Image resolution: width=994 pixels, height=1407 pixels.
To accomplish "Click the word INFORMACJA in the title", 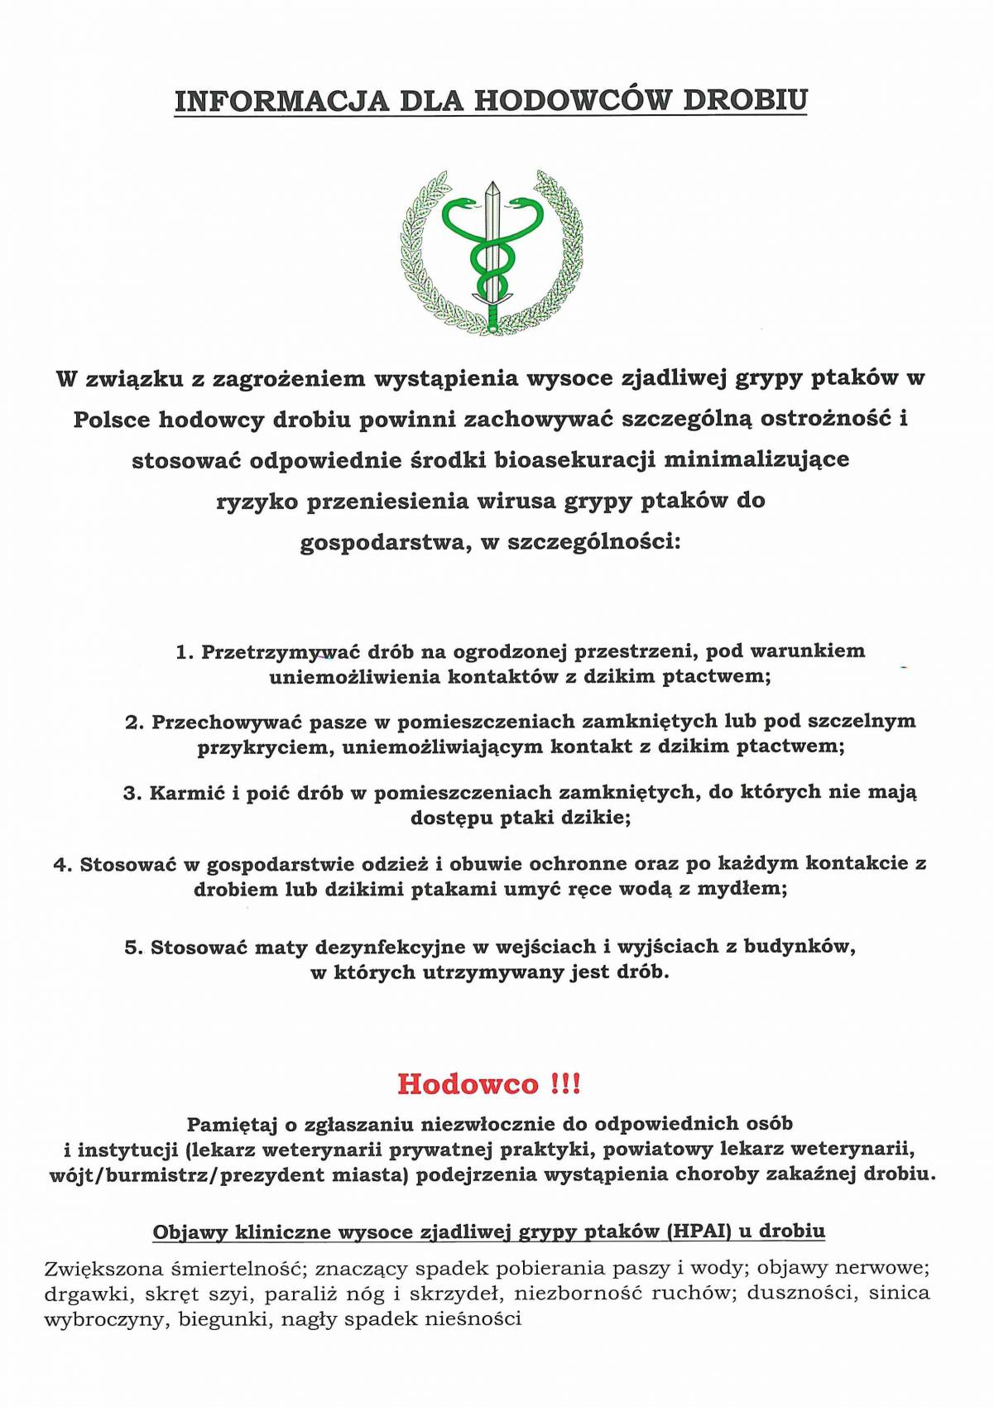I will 281,101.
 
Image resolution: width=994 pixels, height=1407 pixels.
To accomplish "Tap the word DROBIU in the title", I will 744,100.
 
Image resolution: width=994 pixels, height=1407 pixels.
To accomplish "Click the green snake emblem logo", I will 492,252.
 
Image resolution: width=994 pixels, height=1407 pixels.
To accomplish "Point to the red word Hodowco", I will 468,1083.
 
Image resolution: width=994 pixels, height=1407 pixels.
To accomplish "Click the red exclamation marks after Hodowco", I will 565,1083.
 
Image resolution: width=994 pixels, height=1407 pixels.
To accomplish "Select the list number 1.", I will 183,652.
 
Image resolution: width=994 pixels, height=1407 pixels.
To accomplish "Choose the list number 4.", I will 61,865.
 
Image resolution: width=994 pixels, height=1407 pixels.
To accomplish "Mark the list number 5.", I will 132,948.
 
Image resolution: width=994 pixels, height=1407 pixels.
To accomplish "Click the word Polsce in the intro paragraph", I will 112,420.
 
